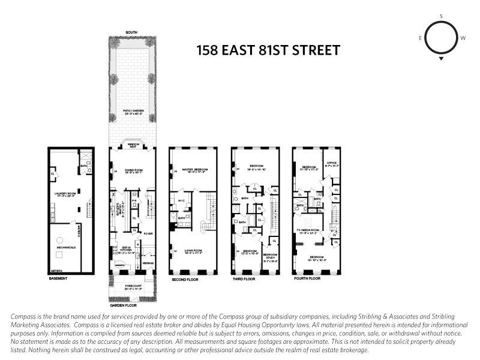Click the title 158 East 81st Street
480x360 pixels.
click(268, 50)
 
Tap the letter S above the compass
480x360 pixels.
click(441, 16)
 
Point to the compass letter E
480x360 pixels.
click(421, 37)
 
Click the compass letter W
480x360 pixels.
click(463, 37)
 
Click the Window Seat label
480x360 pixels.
click(132, 146)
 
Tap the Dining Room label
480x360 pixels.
click(134, 172)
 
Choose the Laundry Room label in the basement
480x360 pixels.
click(67, 194)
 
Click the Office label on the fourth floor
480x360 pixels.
click(331, 163)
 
